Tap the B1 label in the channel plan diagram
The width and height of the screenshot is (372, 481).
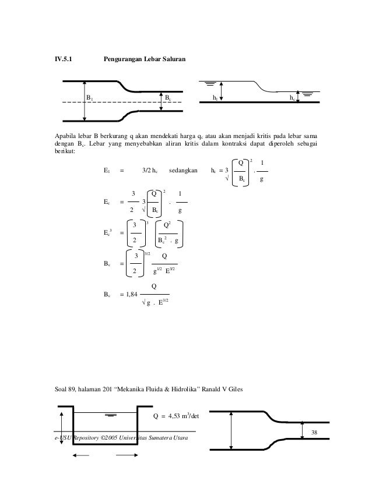click(90, 98)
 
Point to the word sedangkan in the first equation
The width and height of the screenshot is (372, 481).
click(183, 171)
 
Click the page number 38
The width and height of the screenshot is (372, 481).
click(315, 432)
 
